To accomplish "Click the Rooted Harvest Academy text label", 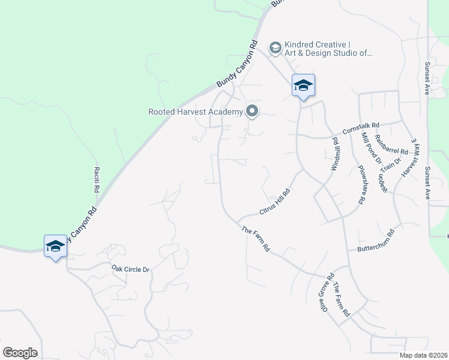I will click(195, 111).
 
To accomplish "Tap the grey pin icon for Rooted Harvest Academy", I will click(252, 111).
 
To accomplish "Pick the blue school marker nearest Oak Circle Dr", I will click(55, 247).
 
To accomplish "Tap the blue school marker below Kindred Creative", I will click(303, 86).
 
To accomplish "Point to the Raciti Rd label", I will click(97, 179).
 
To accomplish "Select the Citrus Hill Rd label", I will click(275, 202).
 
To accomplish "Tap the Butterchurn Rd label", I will click(375, 240).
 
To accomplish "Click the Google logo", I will click(20, 353).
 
